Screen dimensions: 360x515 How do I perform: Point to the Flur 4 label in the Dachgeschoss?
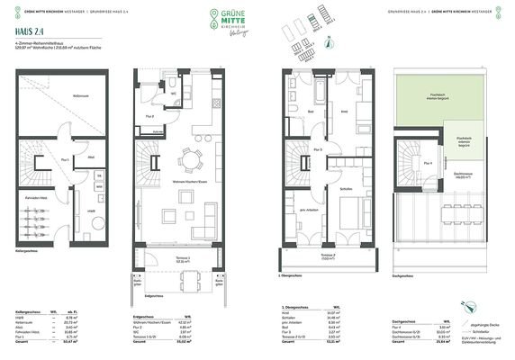430,163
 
